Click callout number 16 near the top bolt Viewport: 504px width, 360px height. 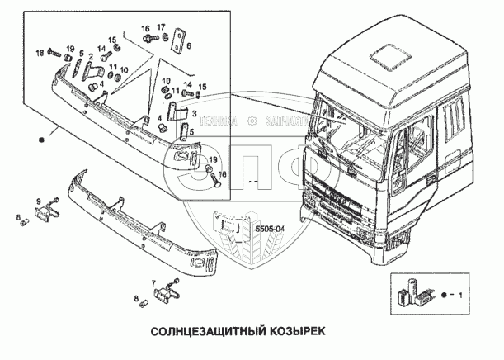[x=145, y=27]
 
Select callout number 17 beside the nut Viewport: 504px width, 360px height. [x=162, y=27]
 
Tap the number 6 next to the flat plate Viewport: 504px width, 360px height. [x=189, y=46]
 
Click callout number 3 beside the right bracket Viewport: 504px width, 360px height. [x=195, y=111]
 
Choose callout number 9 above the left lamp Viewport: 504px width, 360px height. [x=38, y=201]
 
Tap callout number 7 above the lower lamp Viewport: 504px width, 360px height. [x=153, y=282]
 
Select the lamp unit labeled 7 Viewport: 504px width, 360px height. [x=168, y=291]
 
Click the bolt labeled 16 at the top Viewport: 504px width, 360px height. [x=148, y=38]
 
